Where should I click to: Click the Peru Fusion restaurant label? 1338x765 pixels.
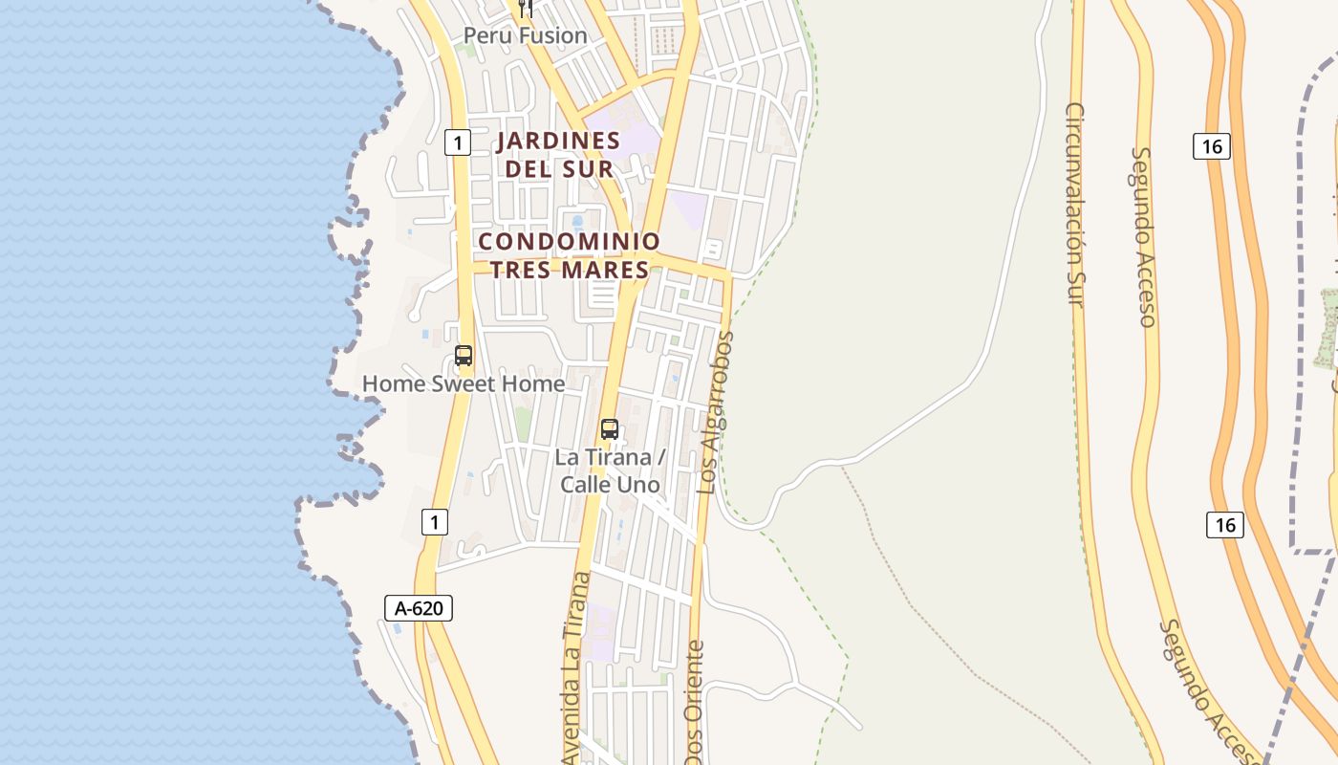pyautogui.click(x=525, y=36)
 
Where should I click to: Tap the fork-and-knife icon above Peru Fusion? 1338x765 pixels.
pyautogui.click(x=525, y=9)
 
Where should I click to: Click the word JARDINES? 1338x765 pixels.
pyautogui.click(x=559, y=142)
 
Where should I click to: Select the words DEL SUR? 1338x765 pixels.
pyautogui.click(x=559, y=169)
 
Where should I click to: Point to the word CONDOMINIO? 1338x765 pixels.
pyautogui.click(x=569, y=241)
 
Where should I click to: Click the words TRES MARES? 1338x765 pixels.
pyautogui.click(x=569, y=270)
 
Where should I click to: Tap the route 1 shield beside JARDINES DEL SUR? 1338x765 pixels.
pyautogui.click(x=458, y=143)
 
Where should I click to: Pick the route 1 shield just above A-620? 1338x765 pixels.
pyautogui.click(x=434, y=522)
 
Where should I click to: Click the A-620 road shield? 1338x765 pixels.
pyautogui.click(x=419, y=607)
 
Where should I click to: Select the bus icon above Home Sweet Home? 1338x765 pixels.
pyautogui.click(x=464, y=356)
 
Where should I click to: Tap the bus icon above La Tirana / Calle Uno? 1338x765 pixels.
pyautogui.click(x=610, y=429)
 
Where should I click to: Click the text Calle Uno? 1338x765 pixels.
pyautogui.click(x=610, y=485)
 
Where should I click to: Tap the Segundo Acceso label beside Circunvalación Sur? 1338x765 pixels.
pyautogui.click(x=1144, y=236)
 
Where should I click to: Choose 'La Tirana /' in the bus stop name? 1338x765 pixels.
pyautogui.click(x=609, y=457)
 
